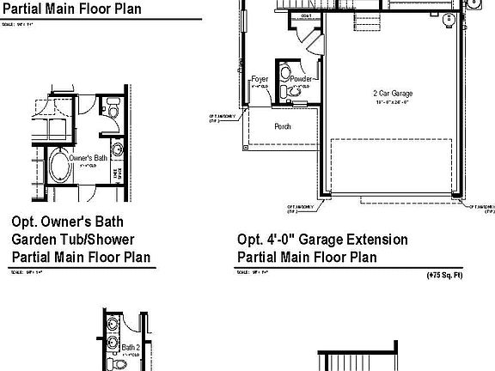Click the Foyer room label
pyautogui.click(x=260, y=80)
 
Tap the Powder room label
pyautogui.click(x=301, y=79)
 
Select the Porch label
pyautogui.click(x=282, y=126)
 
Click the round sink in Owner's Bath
pyautogui.click(x=118, y=149)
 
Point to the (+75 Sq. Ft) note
pyautogui.click(x=444, y=276)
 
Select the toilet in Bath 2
pyautogui.click(x=119, y=364)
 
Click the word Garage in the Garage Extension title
pyautogui.click(x=321, y=240)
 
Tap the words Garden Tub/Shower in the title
pyautogui.click(x=73, y=240)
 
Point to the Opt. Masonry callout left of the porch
pyautogui.click(x=217, y=119)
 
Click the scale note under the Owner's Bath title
pyautogui.click(x=26, y=271)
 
